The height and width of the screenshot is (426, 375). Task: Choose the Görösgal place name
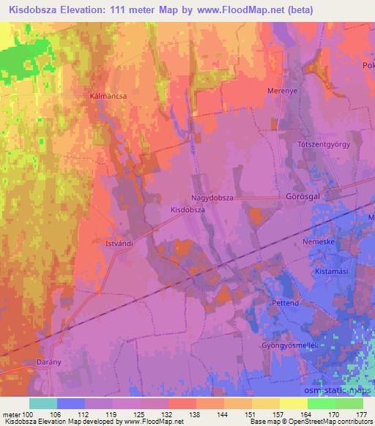[300, 198]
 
